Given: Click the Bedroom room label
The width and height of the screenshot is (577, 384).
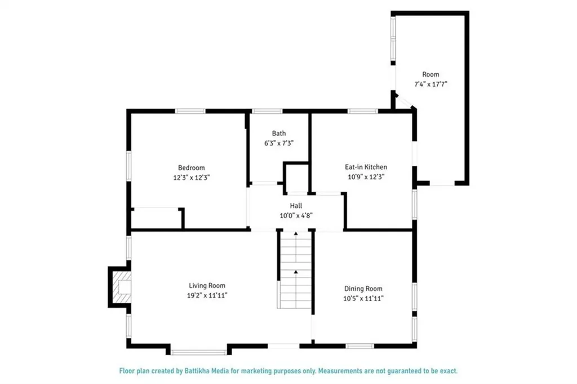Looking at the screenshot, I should pyautogui.click(x=191, y=167).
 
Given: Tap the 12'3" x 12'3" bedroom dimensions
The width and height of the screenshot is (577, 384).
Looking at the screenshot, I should pyautogui.click(x=191, y=177).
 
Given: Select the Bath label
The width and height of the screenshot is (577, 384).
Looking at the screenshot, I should pyautogui.click(x=279, y=133).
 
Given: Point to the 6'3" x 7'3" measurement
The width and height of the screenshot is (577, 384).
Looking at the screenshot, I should pyautogui.click(x=279, y=143).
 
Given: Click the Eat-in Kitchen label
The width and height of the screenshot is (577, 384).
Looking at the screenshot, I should pyautogui.click(x=366, y=167).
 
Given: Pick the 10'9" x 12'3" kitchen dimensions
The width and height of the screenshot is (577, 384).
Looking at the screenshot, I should pyautogui.click(x=366, y=176).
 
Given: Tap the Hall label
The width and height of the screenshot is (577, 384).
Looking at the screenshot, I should pyautogui.click(x=296, y=206).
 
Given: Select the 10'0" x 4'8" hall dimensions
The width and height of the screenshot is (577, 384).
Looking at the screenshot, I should pyautogui.click(x=296, y=215).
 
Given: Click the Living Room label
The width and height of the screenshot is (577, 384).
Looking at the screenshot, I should pyautogui.click(x=207, y=285).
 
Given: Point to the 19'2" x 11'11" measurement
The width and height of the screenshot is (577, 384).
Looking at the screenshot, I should pyautogui.click(x=207, y=295).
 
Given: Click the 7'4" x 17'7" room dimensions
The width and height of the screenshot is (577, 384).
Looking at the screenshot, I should pyautogui.click(x=430, y=84).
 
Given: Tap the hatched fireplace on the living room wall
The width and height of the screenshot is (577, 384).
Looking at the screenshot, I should pyautogui.click(x=120, y=287).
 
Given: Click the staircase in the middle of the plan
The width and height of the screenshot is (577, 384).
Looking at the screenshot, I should pyautogui.click(x=295, y=271).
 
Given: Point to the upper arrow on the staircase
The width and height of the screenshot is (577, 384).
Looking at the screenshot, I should pyautogui.click(x=295, y=233).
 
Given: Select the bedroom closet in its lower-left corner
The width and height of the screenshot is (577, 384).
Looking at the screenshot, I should pyautogui.click(x=156, y=218).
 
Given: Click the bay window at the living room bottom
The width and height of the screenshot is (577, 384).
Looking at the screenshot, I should pyautogui.click(x=198, y=352).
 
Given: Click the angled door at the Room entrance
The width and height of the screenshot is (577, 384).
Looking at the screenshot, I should pyautogui.click(x=405, y=101).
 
